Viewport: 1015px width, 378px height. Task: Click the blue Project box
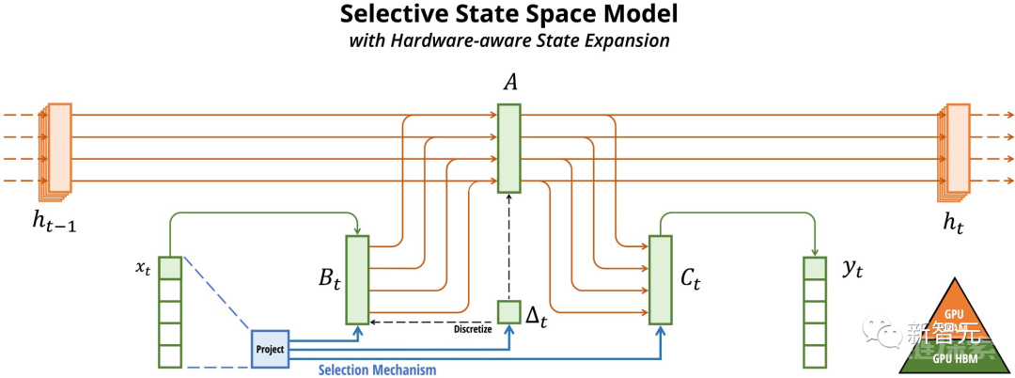click(x=269, y=348)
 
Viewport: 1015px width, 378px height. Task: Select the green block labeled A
click(x=508, y=149)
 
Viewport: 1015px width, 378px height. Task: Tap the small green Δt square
click(x=508, y=312)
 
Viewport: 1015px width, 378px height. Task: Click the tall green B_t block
click(x=358, y=279)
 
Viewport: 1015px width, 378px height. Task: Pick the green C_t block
click(x=661, y=280)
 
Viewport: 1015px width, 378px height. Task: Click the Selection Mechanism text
click(x=377, y=370)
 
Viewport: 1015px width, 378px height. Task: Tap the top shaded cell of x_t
click(x=169, y=267)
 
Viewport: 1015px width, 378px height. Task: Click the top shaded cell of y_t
click(x=814, y=267)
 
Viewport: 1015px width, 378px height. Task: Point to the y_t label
click(x=852, y=269)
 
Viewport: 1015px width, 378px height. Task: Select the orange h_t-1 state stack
click(x=57, y=150)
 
